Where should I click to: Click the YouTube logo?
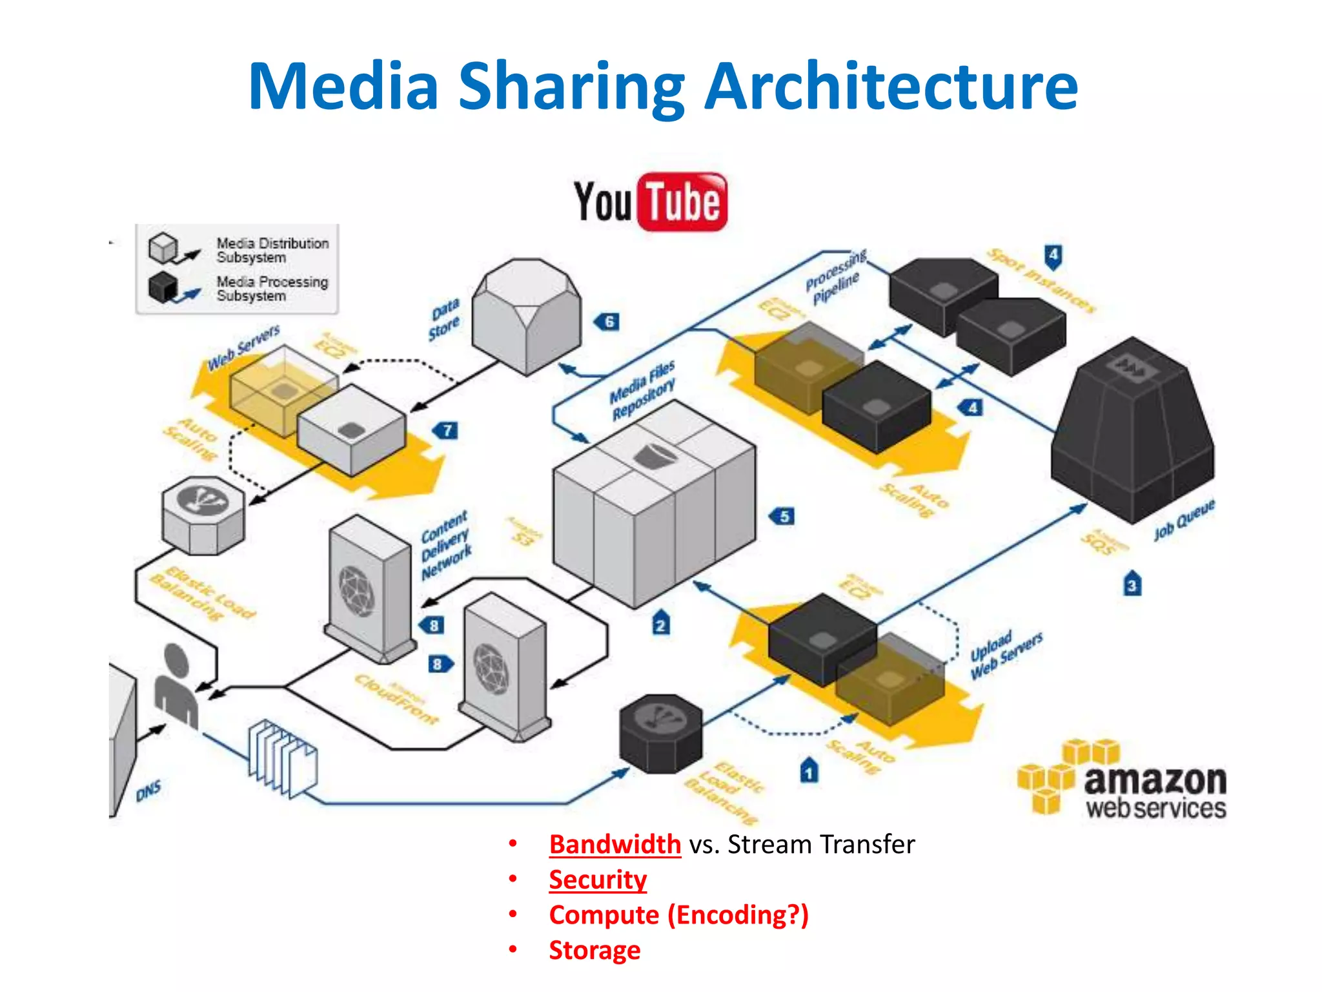(x=650, y=201)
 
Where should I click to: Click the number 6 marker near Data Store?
(x=608, y=321)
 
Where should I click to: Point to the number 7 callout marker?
(x=447, y=431)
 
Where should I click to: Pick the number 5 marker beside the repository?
(x=783, y=516)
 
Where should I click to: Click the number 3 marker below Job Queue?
(x=1132, y=584)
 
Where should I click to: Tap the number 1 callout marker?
(x=809, y=771)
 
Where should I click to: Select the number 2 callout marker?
(x=660, y=625)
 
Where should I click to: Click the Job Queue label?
(x=1184, y=519)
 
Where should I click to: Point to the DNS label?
(x=148, y=791)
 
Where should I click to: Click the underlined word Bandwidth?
(x=615, y=845)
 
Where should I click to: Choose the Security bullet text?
(x=598, y=880)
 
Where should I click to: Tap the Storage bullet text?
(x=595, y=950)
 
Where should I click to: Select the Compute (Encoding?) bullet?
(x=678, y=915)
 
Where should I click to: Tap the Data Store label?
(x=445, y=320)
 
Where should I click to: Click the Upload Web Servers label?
(x=1006, y=654)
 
